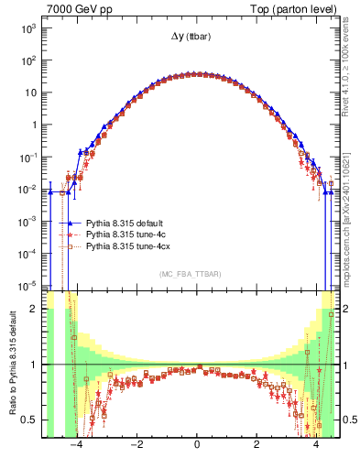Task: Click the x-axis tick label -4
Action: click(77, 446)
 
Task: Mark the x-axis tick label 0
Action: click(197, 446)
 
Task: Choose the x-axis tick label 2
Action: click(256, 446)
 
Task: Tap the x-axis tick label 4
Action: click(316, 446)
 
